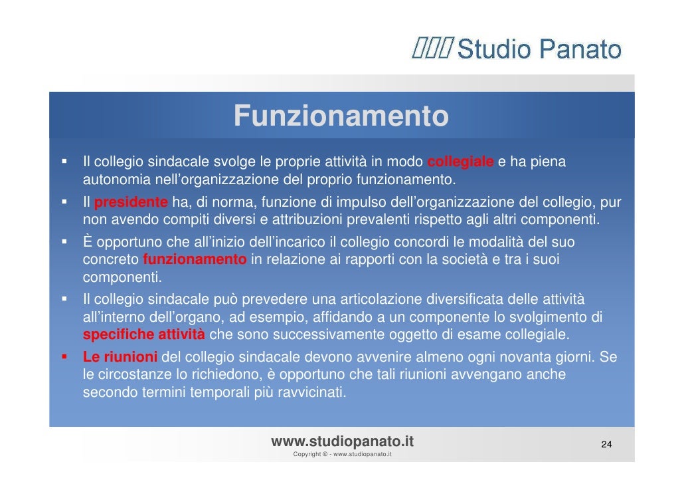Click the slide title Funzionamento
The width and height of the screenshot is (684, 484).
pos(341,117)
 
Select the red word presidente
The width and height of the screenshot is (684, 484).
pos(131,202)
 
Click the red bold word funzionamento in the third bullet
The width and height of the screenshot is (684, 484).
pos(195,259)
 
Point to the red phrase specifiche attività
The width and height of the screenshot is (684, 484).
pos(143,334)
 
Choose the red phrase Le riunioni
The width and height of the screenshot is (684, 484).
pos(120,357)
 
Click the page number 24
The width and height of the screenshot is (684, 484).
pos(606,444)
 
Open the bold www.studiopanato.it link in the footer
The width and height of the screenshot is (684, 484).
pos(343,441)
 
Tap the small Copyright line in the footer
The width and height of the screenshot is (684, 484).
pos(342,455)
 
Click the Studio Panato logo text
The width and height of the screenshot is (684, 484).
pos(539,50)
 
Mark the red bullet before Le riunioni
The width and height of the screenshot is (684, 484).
pos(64,357)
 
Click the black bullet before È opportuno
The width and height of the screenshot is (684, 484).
pos(64,241)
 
